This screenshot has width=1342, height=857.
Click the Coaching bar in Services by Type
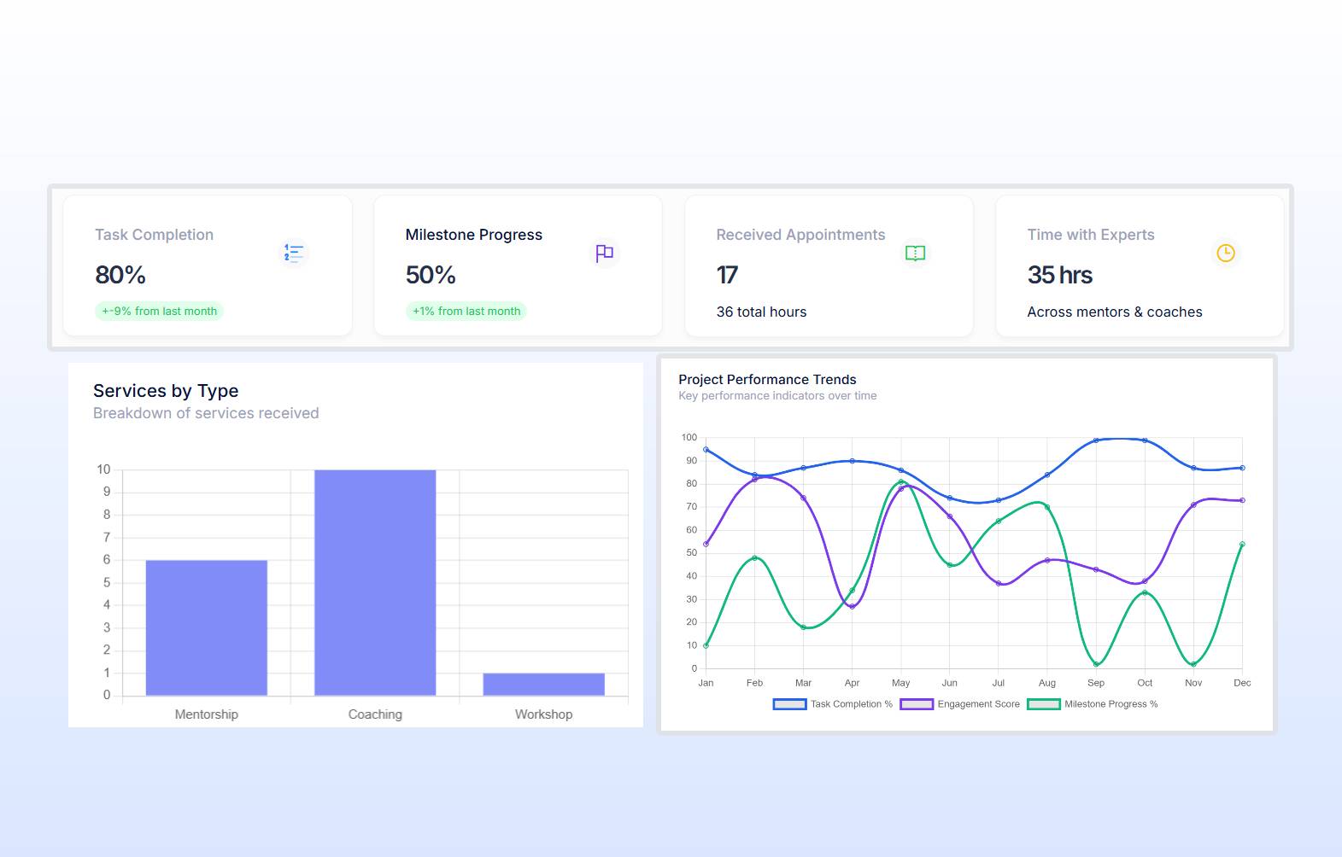point(375,582)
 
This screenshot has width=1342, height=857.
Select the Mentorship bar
point(206,627)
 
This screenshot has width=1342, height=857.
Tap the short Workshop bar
point(543,684)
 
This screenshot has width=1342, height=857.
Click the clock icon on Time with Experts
point(1226,254)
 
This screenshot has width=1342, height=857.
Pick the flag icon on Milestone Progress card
point(605,254)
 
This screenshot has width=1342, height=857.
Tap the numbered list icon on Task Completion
point(294,254)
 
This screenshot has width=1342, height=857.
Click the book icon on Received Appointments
point(915,254)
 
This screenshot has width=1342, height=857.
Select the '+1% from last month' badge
point(466,312)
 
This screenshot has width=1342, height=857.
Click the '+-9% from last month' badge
point(159,312)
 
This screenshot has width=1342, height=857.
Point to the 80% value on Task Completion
point(120,276)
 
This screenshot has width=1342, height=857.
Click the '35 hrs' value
point(1060,276)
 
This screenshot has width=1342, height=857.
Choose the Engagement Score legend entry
point(960,704)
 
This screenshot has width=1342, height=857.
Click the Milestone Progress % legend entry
point(1093,704)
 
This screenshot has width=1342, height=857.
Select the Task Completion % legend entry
point(833,704)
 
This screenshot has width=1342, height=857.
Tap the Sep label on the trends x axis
point(1096,683)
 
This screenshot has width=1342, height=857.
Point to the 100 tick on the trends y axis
point(689,438)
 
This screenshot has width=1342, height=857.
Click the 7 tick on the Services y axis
point(107,538)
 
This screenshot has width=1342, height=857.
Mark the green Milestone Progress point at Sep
point(1096,664)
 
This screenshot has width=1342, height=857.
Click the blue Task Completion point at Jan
point(706,450)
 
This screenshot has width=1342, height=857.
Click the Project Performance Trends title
point(767,380)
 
